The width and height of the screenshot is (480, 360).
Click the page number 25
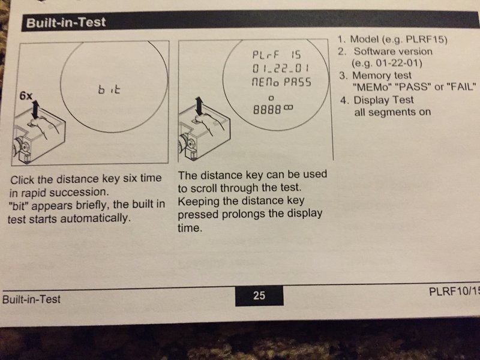(x=259, y=295)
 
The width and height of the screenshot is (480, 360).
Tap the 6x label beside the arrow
(x=26, y=96)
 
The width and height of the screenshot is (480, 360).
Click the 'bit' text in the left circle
(x=109, y=89)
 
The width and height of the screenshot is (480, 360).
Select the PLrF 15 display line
(x=277, y=55)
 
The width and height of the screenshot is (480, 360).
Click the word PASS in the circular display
(x=297, y=82)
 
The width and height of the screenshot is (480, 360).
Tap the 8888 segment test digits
(x=266, y=109)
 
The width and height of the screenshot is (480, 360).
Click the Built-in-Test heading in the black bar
(x=66, y=23)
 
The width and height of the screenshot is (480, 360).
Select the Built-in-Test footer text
(x=31, y=299)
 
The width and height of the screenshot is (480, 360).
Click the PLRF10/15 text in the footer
(x=454, y=292)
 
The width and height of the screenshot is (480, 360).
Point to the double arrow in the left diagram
(x=35, y=110)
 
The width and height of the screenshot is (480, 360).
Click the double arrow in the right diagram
(x=199, y=106)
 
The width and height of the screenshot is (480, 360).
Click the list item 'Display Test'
(x=383, y=100)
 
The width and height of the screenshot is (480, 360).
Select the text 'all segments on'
(x=392, y=112)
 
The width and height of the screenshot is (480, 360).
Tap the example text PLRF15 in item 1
(x=426, y=40)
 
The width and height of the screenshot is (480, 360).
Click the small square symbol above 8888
(x=271, y=98)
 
